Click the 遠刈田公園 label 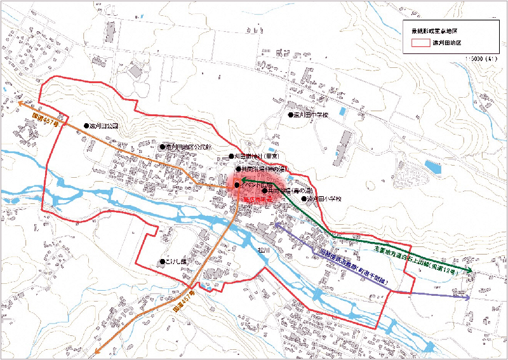(105, 126)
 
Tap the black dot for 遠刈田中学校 (290, 116)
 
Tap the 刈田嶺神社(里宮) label (257, 156)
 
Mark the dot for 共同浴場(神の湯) (239, 169)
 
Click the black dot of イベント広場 (236, 185)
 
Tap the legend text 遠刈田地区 (446, 43)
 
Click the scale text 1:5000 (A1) (479, 58)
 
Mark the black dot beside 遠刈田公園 (86, 126)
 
